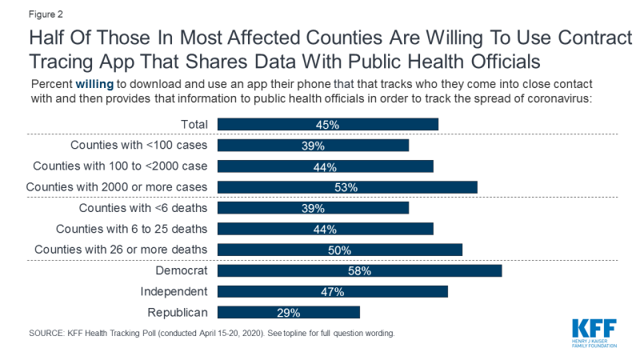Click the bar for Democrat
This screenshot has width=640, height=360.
[359, 270]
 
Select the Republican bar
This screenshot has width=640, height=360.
[289, 312]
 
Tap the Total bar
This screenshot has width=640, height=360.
[328, 125]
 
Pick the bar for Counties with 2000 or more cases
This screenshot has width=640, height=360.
[347, 187]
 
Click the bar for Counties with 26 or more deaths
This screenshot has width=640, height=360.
[340, 250]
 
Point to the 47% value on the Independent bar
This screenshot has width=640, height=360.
[333, 291]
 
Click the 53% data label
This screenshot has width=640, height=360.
[346, 187]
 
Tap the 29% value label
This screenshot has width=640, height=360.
[289, 312]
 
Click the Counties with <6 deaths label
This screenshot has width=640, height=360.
[143, 208]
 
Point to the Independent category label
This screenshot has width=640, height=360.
[174, 291]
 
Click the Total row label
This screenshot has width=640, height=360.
[194, 125]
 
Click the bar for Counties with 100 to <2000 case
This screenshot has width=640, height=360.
[326, 166]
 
